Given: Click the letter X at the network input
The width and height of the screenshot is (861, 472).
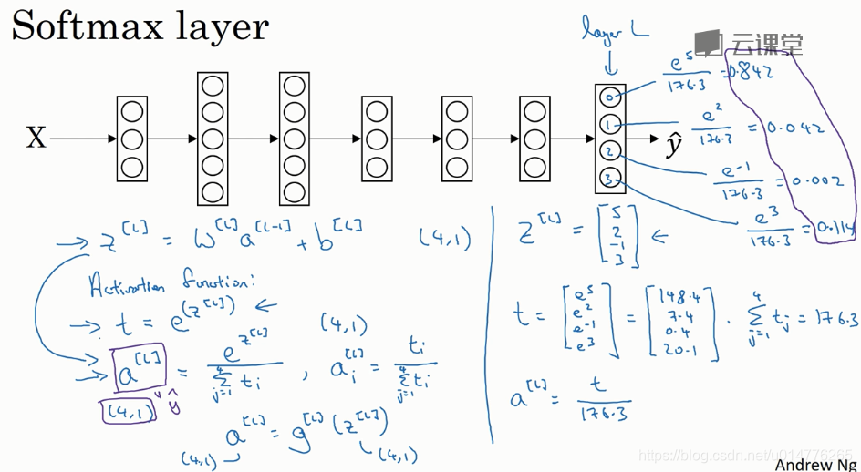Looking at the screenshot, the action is (36, 139).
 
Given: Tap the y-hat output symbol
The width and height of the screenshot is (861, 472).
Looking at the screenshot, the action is (674, 143).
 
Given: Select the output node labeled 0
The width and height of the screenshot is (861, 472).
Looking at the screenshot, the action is (609, 97).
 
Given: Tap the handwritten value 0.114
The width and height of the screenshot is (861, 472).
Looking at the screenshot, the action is (827, 229).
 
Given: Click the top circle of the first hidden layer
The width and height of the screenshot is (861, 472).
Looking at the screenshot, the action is (132, 112).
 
